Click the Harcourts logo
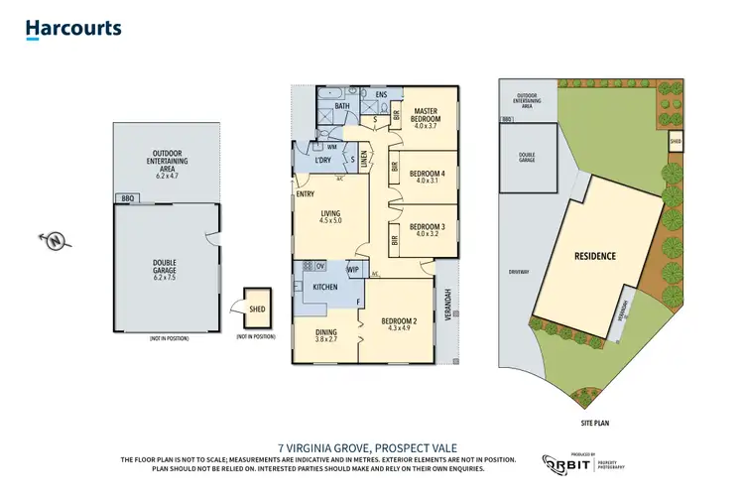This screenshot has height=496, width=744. [x=73, y=28]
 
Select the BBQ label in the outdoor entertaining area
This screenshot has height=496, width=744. [x=126, y=198]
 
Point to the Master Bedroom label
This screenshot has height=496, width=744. [x=426, y=116]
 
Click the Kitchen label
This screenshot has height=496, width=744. [x=326, y=287]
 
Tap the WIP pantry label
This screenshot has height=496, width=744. [x=352, y=269]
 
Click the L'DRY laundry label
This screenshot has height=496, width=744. [x=321, y=161]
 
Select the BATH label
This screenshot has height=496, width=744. [x=343, y=105]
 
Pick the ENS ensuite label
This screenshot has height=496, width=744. [x=380, y=94]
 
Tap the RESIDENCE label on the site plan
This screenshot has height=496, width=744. [x=595, y=256]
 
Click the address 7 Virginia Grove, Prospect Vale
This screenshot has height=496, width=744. [x=371, y=446]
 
